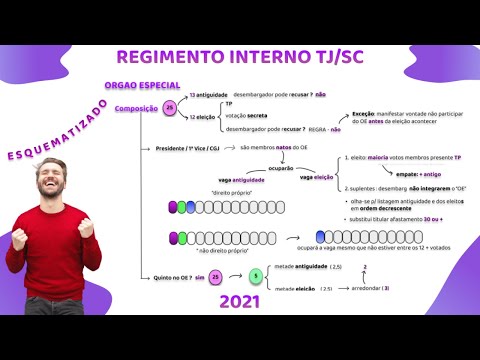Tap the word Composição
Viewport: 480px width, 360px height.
coord(135,108)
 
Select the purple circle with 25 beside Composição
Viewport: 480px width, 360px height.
coord(170,108)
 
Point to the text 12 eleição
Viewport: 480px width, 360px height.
coord(203,118)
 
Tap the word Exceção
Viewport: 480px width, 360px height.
coord(356,115)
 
